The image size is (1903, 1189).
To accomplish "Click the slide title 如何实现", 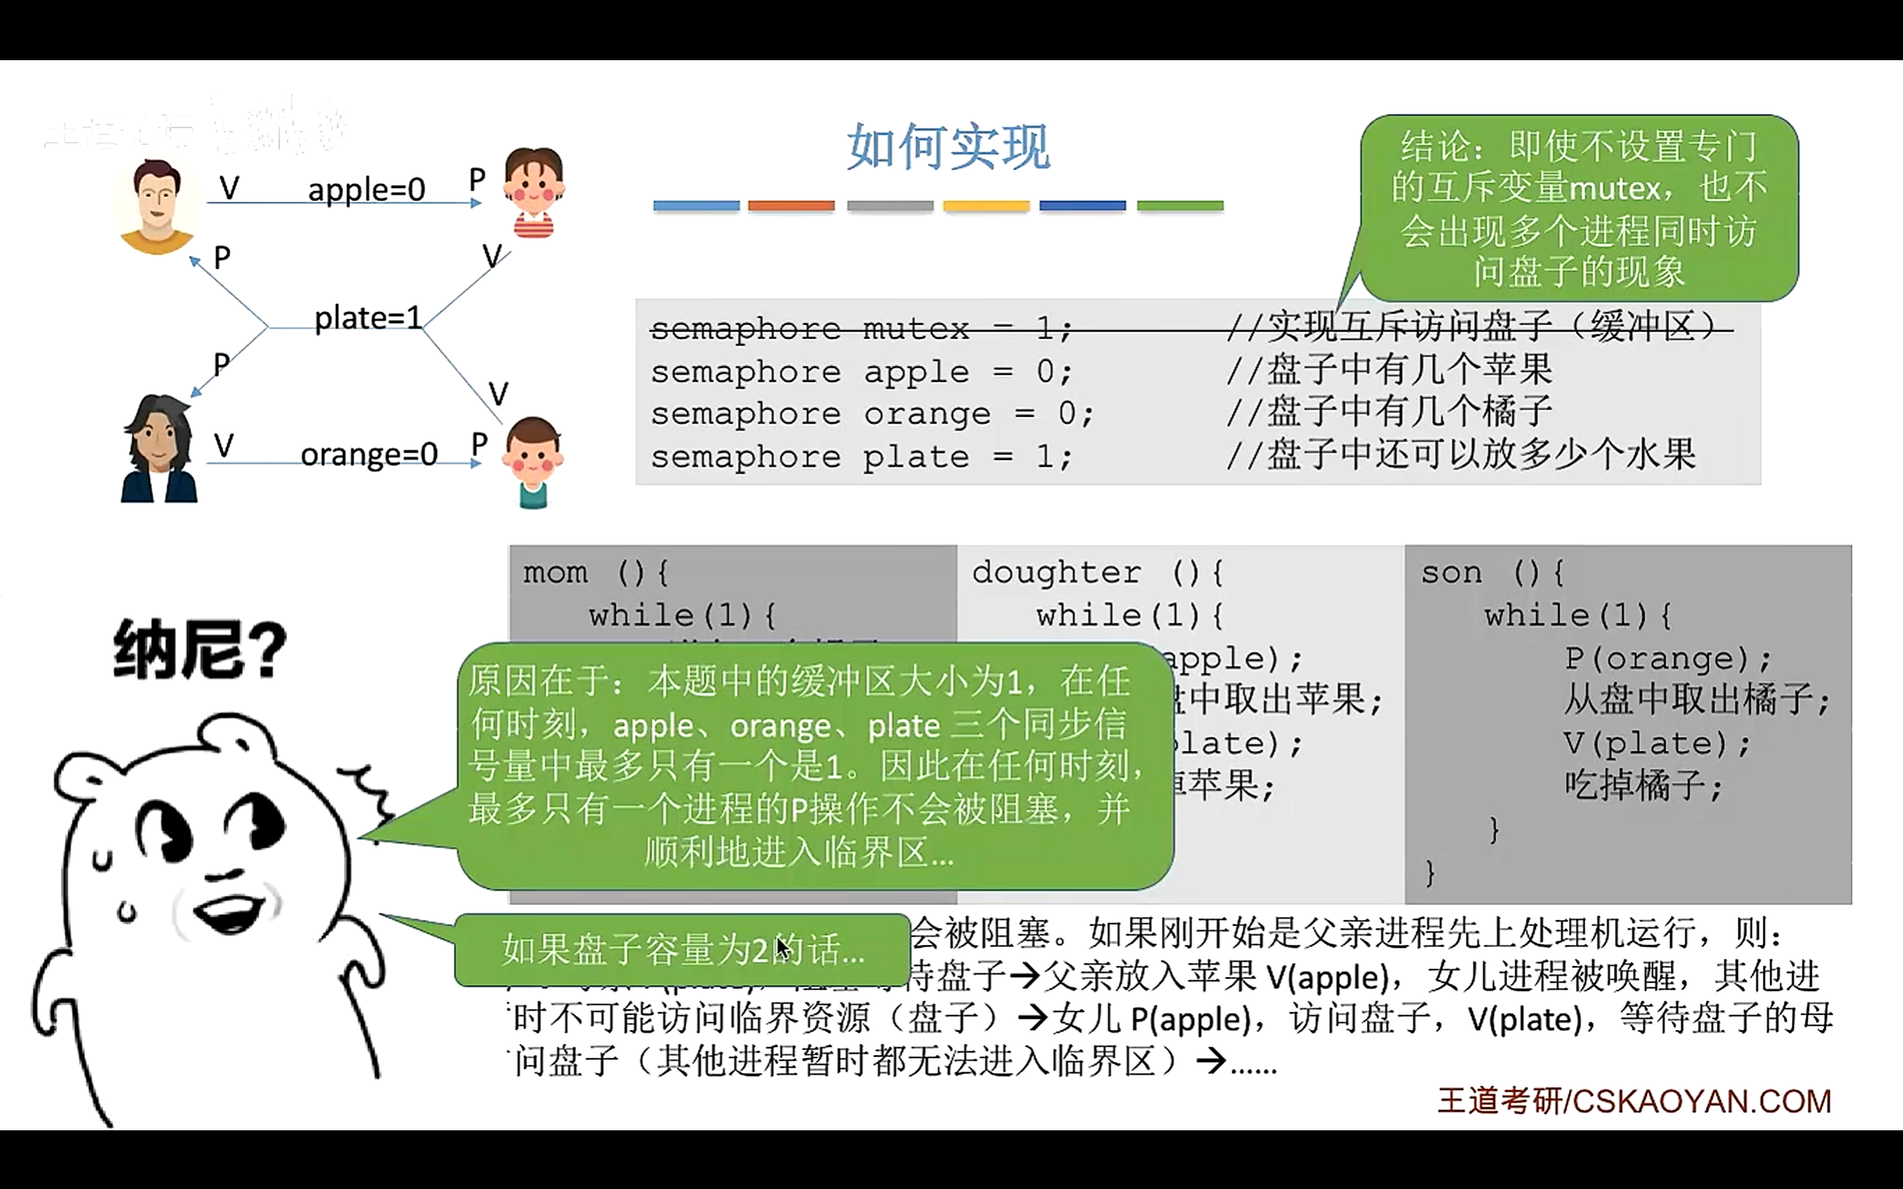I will tap(948, 147).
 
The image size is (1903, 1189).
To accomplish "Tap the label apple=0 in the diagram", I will tap(366, 189).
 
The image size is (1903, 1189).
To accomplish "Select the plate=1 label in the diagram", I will tap(367, 319).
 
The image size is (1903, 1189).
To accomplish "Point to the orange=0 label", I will tap(369, 455).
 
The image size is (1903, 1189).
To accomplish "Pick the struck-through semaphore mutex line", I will tap(861, 328).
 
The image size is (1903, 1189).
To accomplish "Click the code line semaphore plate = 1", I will tap(861, 457).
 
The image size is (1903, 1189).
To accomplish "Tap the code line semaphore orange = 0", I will tap(871, 415).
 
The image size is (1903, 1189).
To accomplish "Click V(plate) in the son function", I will tap(1656, 743).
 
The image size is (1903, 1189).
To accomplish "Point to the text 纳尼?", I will tap(201, 649).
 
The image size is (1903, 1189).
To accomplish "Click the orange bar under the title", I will tap(791, 206).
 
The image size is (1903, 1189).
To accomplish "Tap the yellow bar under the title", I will tap(986, 206).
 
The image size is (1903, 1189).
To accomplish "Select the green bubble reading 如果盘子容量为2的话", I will tap(682, 950).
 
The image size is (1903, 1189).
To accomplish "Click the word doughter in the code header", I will tap(1056, 572).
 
